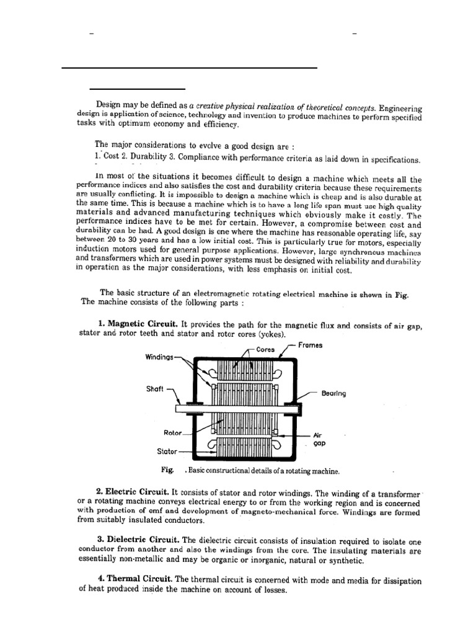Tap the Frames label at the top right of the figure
[310, 345]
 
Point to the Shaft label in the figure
[155, 391]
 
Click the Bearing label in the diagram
[333, 394]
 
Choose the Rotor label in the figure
[172, 433]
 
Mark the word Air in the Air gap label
[319, 435]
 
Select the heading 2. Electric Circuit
[133, 491]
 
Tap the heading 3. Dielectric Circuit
[138, 539]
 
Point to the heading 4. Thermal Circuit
[135, 579]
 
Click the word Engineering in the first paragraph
[400, 108]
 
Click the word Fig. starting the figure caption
[166, 470]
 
